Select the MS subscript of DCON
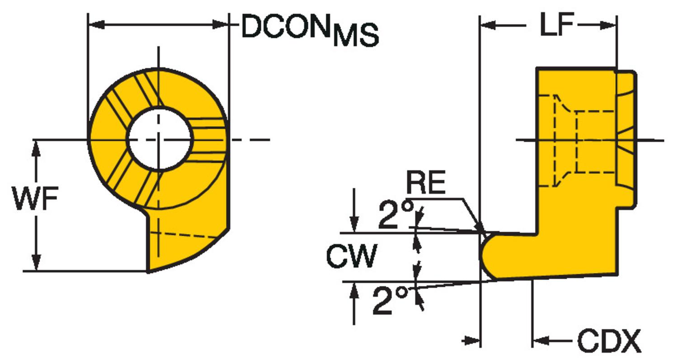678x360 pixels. tap(356, 37)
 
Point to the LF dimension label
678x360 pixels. tap(557, 25)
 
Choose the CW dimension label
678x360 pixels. tap(352, 256)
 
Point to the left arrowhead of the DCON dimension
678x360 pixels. tap(95, 24)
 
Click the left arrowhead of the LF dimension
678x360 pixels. tap(488, 26)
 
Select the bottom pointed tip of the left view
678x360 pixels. tap(149, 271)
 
